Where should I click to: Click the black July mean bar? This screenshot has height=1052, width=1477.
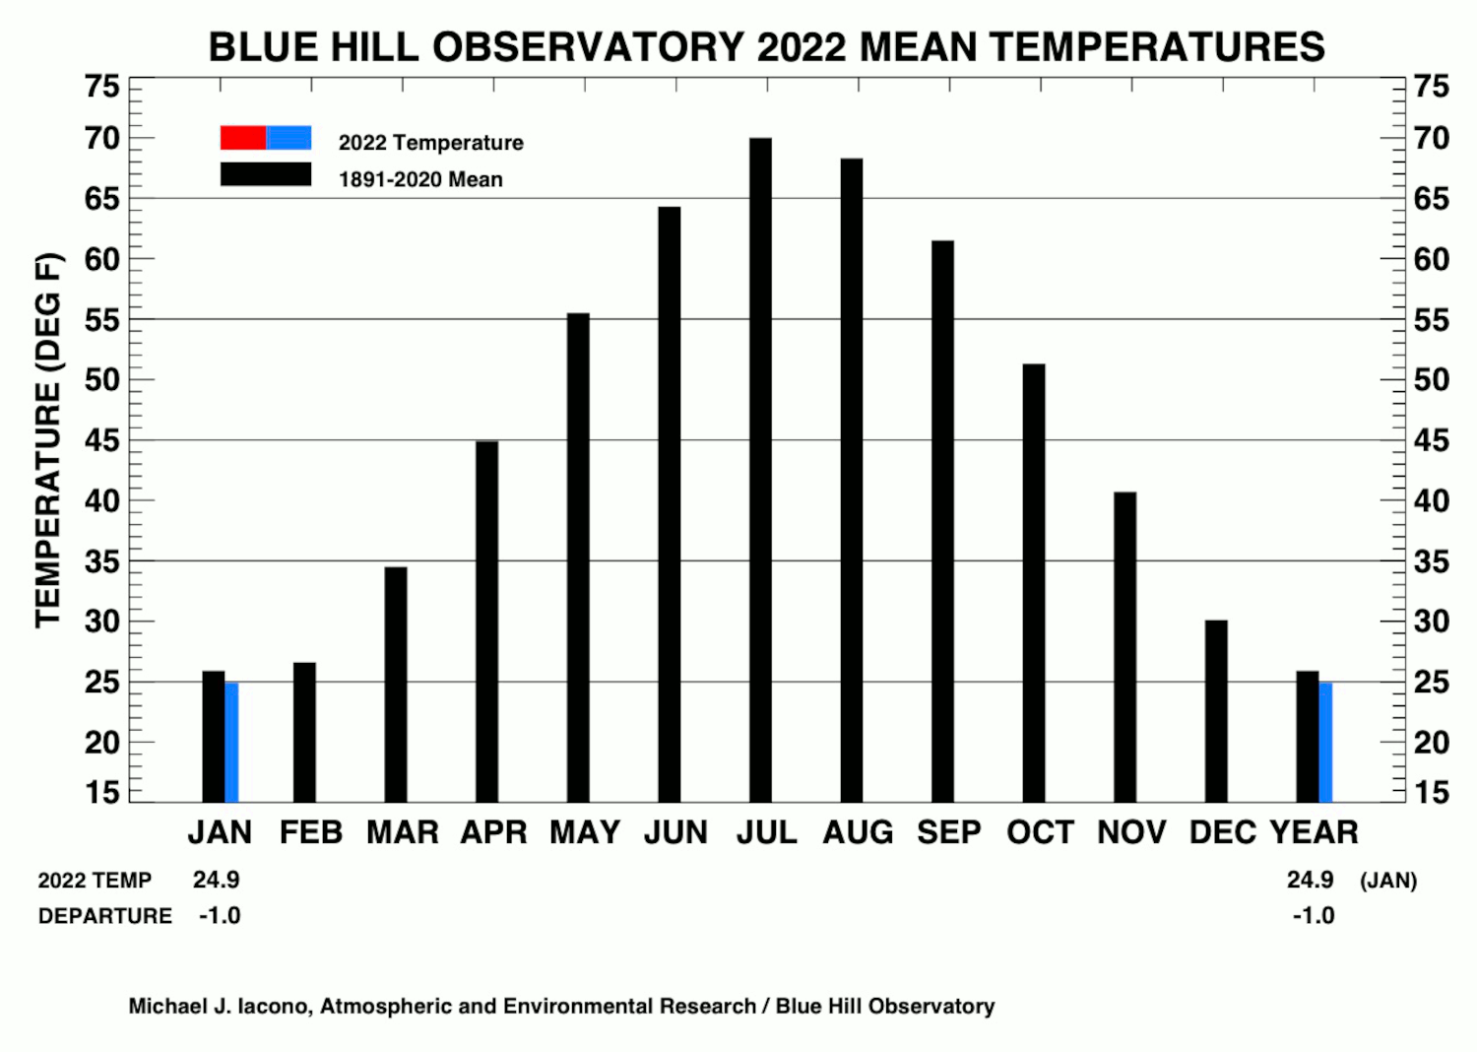tap(760, 470)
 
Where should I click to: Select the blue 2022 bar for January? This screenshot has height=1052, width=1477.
tap(231, 743)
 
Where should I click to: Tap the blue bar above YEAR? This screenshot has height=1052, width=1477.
tap(1325, 743)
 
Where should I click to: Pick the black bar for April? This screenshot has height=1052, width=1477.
tap(487, 622)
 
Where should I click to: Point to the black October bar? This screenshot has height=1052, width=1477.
tap(1034, 583)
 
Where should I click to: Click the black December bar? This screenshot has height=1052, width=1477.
tap(1216, 711)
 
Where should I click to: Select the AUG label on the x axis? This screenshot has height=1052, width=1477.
tap(858, 832)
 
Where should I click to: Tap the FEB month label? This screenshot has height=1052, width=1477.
tap(311, 832)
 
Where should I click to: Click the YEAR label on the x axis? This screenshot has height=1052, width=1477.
tap(1315, 832)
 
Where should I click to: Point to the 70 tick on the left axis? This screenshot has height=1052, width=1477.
tap(102, 139)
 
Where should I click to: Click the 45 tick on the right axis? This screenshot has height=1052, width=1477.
tap(1432, 440)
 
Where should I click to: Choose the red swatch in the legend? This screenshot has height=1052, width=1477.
tap(243, 138)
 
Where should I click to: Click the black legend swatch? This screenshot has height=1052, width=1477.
tap(266, 174)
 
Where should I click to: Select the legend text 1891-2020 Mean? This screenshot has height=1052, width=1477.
tap(420, 179)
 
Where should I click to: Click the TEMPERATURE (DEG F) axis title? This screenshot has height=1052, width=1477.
tap(49, 440)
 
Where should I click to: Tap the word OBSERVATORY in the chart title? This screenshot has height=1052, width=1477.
tap(588, 47)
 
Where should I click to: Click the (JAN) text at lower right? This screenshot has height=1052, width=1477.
tap(1388, 881)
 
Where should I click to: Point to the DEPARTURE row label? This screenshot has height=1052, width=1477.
tap(105, 916)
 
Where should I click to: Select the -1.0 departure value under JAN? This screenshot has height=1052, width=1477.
tap(220, 915)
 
